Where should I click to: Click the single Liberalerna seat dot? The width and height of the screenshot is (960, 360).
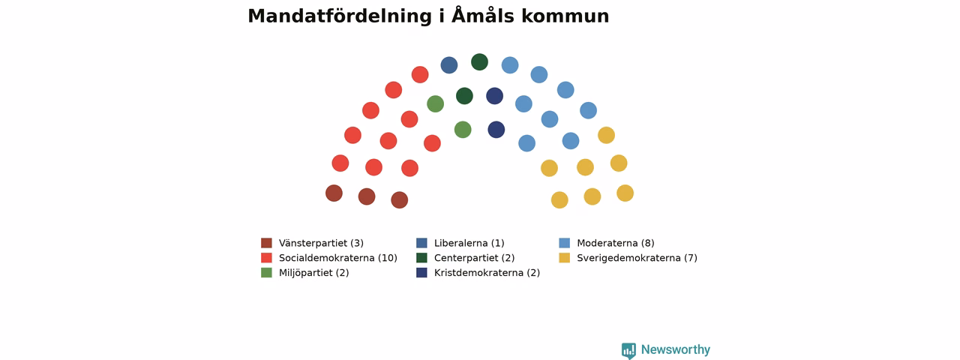pos(449,65)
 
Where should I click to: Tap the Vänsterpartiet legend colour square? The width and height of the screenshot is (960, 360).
pos(266,243)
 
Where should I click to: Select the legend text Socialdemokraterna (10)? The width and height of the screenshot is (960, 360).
pos(338,258)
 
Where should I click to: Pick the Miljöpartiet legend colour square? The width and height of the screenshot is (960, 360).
pos(266,272)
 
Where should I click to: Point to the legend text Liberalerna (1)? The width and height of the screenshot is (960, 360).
pos(469,243)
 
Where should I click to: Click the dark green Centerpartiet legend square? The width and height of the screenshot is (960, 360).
pos(421,258)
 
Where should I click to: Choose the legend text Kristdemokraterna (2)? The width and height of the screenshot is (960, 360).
pos(487,272)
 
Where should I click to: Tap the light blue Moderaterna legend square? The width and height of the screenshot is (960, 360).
pos(565,243)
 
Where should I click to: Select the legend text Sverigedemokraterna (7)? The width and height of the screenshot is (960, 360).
pos(637,258)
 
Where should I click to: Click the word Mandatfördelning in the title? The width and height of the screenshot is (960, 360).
pos(340,16)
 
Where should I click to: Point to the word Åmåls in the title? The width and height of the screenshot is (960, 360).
pos(482,16)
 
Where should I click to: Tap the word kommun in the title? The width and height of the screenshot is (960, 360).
pos(565,16)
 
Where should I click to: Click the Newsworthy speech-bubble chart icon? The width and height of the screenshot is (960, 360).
pos(628,350)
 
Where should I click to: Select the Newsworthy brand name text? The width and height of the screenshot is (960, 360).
pos(676,349)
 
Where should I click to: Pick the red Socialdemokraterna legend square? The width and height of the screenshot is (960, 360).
pos(266,258)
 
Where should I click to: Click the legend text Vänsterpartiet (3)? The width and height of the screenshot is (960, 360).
pos(322,243)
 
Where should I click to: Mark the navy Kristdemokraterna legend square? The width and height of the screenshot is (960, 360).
pos(421,272)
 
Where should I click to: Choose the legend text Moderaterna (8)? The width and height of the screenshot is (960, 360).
pos(616,243)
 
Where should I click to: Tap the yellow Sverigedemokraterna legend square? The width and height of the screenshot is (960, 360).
pos(565,258)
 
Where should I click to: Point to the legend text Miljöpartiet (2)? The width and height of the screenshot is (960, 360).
pos(314,272)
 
